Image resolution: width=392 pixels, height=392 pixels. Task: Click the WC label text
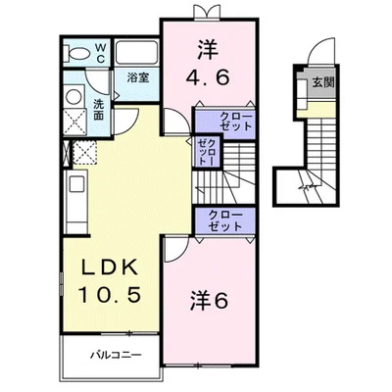coord(101,50)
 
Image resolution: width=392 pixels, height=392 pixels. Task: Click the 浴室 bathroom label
coord(136,77)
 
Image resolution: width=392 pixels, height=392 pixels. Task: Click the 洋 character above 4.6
coord(208,47)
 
